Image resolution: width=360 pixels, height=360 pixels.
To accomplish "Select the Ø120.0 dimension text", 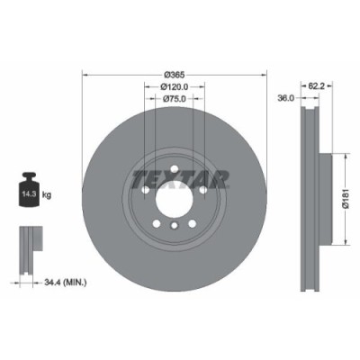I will [x=175, y=88].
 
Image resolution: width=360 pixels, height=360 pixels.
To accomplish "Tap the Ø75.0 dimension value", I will [x=175, y=100].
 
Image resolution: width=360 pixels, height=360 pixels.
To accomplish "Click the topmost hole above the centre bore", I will [x=175, y=167].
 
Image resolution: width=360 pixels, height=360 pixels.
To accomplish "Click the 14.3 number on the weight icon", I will [x=30, y=193].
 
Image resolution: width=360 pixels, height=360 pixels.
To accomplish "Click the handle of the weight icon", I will [x=30, y=176].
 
